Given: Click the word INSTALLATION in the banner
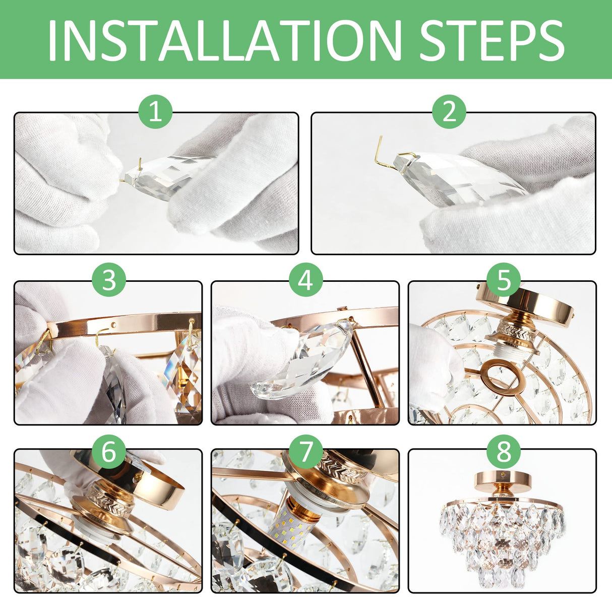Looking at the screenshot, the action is (x=225, y=40).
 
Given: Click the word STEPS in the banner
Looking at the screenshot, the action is (x=492, y=40).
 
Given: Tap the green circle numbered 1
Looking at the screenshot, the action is (x=155, y=112).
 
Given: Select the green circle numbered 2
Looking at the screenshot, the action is (x=449, y=112).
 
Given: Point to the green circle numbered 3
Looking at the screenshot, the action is (x=109, y=280).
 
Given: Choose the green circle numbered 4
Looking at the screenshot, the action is (x=306, y=280).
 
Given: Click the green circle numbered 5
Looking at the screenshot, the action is (x=504, y=280).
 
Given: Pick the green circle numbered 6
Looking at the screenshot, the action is (x=109, y=452).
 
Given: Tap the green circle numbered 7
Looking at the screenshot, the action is (x=306, y=452).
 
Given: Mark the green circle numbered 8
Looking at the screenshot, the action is (x=504, y=452).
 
